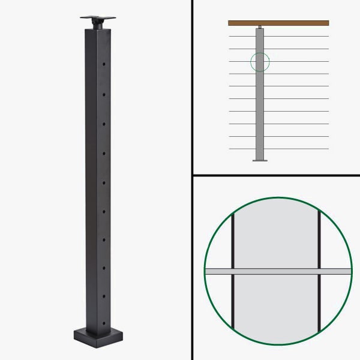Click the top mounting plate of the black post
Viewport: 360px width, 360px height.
[x=97, y=15]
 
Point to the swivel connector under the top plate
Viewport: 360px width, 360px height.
[x=97, y=23]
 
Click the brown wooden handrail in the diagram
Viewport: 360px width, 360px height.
[x=278, y=23]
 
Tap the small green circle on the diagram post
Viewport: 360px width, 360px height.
[x=260, y=61]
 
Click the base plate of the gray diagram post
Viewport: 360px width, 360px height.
[x=260, y=160]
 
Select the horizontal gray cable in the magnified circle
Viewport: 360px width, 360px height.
[x=278, y=271]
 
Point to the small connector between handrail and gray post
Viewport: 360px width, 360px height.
[x=260, y=27]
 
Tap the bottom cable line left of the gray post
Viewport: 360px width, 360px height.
[x=242, y=149]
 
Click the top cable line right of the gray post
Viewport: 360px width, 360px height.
[x=297, y=36]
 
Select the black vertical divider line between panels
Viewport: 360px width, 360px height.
[x=192, y=180]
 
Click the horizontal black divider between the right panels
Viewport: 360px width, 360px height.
[x=276, y=176]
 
